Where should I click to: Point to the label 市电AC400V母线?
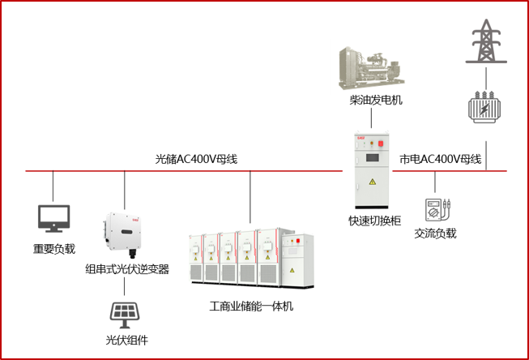(441, 159)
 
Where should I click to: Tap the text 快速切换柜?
(370, 221)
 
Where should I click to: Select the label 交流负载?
(436, 234)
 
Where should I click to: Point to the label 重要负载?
(53, 249)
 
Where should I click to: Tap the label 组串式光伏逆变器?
(127, 269)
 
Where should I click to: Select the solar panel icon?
(124, 312)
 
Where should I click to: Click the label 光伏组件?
(126, 340)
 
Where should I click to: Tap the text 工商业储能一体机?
(250, 306)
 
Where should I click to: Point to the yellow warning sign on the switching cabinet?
(372, 181)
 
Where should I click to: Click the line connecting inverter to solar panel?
(124, 287)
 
